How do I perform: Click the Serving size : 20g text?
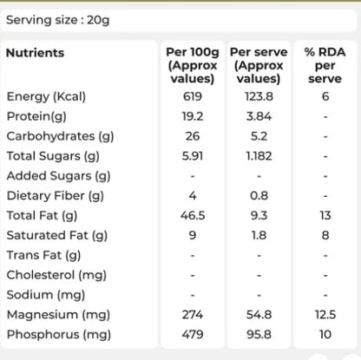click(x=58, y=20)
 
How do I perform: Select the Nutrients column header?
click(x=35, y=53)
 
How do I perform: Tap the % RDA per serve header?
click(x=325, y=65)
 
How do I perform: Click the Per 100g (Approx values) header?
click(x=193, y=65)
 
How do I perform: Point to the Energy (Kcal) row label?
click(x=46, y=96)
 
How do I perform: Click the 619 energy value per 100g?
click(x=193, y=96)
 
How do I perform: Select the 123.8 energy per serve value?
click(x=259, y=96)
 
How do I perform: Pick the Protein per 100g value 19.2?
click(x=193, y=116)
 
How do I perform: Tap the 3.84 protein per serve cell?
click(x=259, y=116)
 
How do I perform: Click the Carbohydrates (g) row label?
click(x=60, y=136)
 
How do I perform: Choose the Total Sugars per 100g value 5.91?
click(x=193, y=156)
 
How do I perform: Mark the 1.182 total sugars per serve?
click(x=259, y=156)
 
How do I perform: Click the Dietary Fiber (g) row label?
click(x=56, y=196)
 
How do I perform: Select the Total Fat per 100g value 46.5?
click(x=193, y=215)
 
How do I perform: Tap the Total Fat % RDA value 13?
click(x=325, y=215)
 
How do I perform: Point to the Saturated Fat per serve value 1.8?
click(x=259, y=235)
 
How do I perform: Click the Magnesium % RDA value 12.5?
click(x=325, y=315)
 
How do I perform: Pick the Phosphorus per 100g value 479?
click(x=193, y=335)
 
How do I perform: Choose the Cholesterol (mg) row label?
click(x=56, y=275)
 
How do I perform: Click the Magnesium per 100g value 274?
click(x=193, y=315)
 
